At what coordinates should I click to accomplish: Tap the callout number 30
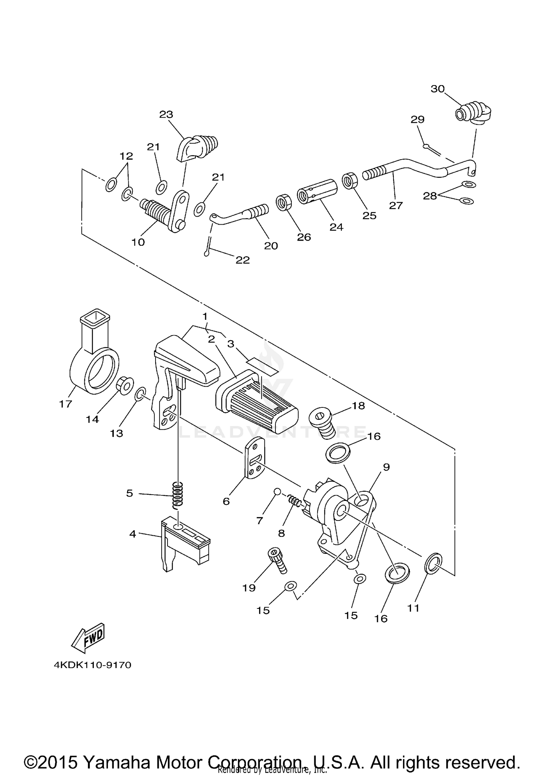point(437,89)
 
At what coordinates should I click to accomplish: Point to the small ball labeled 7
point(277,491)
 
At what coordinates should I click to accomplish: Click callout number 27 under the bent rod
point(396,205)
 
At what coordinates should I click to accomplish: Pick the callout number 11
point(413,608)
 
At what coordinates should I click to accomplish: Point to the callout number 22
point(243,260)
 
